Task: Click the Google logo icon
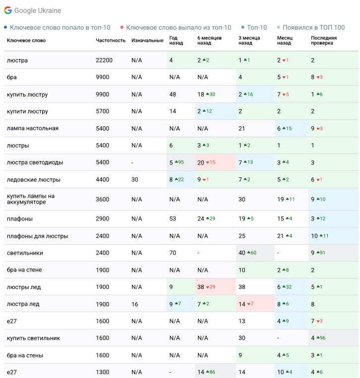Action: click(8, 10)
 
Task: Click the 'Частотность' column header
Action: click(111, 41)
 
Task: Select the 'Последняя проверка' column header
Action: click(324, 41)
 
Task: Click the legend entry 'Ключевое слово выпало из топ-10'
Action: click(179, 28)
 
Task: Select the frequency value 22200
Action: click(104, 60)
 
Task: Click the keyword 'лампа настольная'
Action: click(33, 128)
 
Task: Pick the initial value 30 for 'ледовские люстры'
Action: click(135, 179)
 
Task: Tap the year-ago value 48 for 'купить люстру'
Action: click(173, 95)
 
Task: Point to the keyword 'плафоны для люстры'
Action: click(38, 236)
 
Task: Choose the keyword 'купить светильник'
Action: click(34, 338)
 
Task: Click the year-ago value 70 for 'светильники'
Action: click(173, 253)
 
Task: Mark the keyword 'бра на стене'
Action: click(24, 270)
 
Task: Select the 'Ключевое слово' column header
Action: click(26, 41)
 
